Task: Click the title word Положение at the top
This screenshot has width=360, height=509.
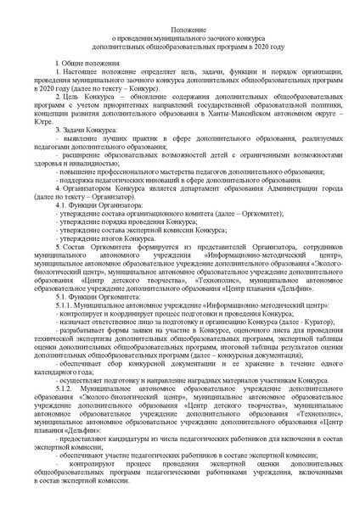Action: [179, 27]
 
